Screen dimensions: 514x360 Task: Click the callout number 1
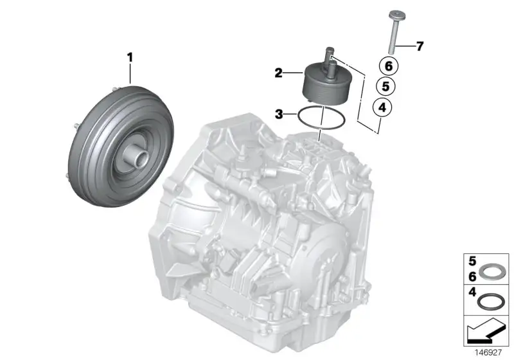coord(130,58)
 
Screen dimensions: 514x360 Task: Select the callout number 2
coord(278,73)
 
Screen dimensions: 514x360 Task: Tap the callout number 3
coord(279,114)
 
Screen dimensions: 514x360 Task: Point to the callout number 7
coord(420,46)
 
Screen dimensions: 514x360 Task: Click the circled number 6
coord(389,66)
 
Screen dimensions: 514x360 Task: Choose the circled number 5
coord(386,86)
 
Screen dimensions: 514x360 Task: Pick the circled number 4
coord(382,107)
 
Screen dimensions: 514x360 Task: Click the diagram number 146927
coord(488,352)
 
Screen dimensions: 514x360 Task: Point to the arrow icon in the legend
coord(486,330)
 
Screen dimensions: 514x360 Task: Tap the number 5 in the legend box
coord(472,261)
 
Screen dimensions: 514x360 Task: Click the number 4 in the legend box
coord(472,292)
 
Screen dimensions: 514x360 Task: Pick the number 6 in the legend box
coord(472,276)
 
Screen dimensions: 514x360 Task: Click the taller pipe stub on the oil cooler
coord(330,57)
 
